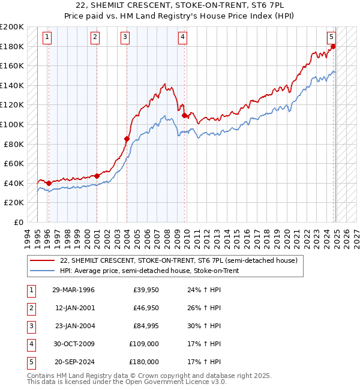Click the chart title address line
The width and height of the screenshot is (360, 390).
pyautogui.click(x=179, y=7)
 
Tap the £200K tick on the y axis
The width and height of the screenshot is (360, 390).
pyautogui.click(x=12, y=27)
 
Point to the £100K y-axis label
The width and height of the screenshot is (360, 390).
pyautogui.click(x=12, y=124)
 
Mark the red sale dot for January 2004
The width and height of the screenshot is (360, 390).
pyautogui.click(x=127, y=139)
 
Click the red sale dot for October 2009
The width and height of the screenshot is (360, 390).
pyautogui.click(x=184, y=116)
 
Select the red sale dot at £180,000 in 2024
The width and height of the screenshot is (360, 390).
pyautogui.click(x=333, y=46)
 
